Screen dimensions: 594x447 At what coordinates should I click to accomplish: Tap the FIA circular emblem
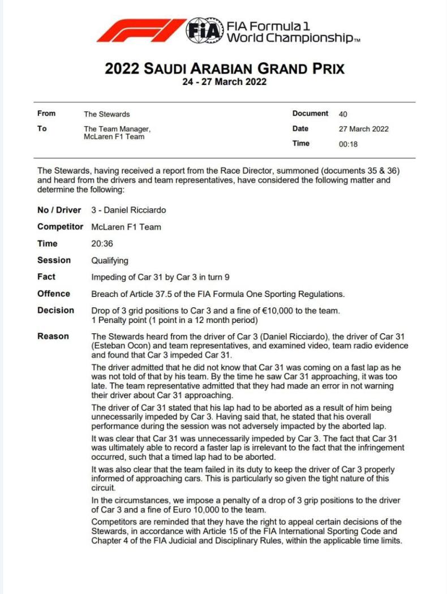[x=204, y=31]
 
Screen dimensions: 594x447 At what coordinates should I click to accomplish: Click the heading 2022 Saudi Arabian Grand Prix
[x=225, y=69]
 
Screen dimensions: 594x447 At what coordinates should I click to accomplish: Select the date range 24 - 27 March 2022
[x=224, y=81]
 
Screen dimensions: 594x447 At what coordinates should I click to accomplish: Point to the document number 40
[x=343, y=114]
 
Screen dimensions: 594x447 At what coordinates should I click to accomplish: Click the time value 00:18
[x=348, y=144]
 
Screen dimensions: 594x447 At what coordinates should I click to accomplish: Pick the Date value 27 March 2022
[x=363, y=129]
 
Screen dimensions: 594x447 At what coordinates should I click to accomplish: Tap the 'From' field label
[x=46, y=114]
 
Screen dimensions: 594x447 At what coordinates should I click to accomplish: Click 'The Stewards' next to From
[x=106, y=114]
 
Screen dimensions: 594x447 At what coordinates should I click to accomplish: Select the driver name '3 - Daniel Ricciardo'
[x=128, y=210]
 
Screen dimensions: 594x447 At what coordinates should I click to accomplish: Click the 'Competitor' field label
[x=60, y=227]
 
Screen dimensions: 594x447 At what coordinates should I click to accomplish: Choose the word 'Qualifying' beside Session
[x=110, y=261]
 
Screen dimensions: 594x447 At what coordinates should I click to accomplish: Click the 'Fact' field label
[x=46, y=277]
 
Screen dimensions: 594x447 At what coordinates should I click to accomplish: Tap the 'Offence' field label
[x=54, y=294]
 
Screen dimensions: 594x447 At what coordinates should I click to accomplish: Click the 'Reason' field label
[x=53, y=336]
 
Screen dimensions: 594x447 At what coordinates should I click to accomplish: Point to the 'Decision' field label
[x=55, y=311]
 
